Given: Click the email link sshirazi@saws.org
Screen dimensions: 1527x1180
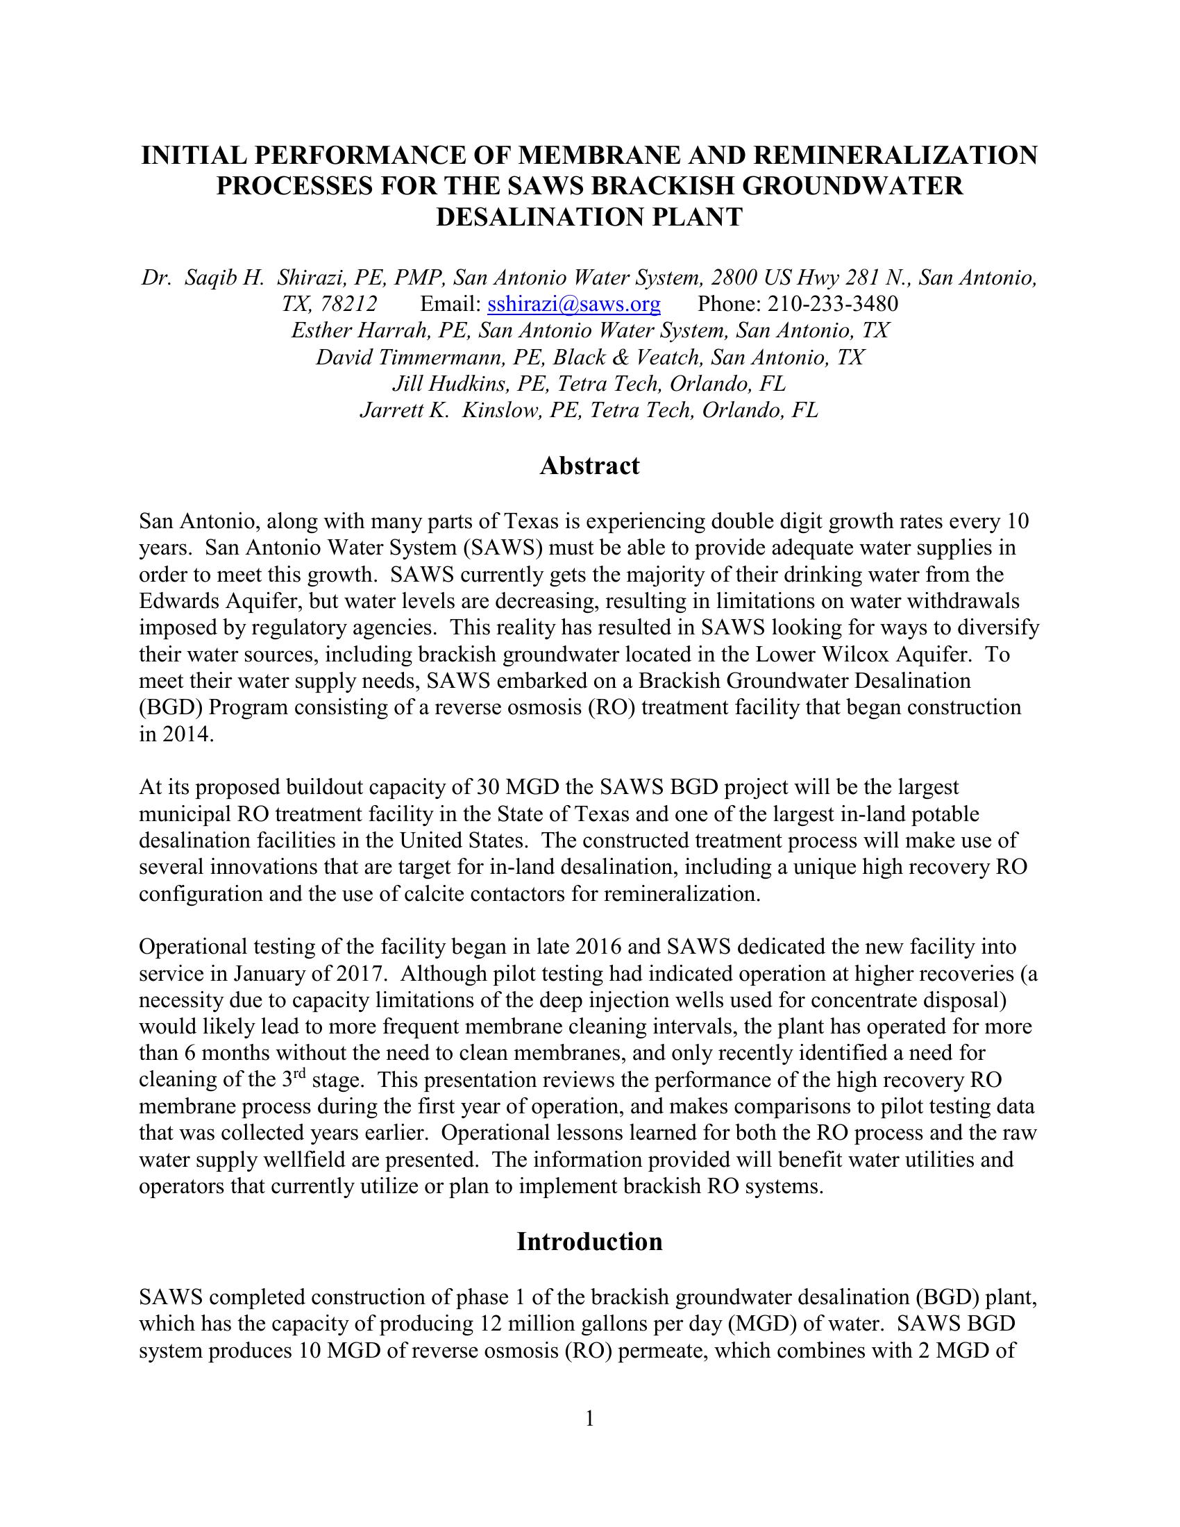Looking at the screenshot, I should tap(573, 304).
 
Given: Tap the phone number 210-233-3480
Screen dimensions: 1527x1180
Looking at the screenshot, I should tap(832, 304).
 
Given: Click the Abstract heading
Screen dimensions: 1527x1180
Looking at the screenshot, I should tap(589, 466).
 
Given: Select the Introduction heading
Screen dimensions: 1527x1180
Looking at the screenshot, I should tap(589, 1241).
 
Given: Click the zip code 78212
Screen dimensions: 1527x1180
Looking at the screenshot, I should tap(349, 304).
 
